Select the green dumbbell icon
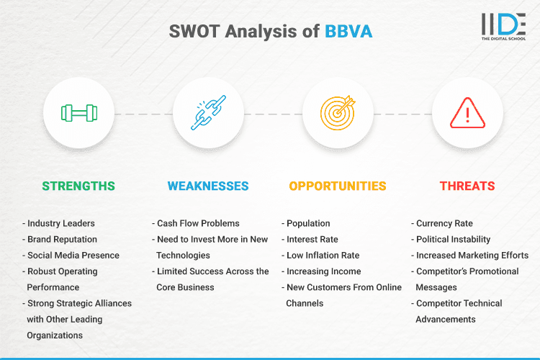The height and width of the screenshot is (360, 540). coord(78,113)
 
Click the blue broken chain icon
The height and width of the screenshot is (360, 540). coord(208,113)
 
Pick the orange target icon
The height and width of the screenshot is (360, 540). coord(338,113)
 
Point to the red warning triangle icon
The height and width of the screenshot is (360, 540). coord(467,113)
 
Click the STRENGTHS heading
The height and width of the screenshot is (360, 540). coord(78,186)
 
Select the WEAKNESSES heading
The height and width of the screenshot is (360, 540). coord(208,186)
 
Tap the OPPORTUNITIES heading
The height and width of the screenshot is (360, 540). coord(338,186)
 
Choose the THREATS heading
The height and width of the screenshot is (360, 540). coord(467,186)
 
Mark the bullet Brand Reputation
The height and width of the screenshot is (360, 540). coord(62,239)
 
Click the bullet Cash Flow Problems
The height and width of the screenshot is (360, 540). coord(197,223)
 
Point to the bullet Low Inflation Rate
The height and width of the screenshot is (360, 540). coord(323,255)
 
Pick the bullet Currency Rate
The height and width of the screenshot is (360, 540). coord(444,223)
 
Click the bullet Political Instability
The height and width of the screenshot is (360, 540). coord(453,239)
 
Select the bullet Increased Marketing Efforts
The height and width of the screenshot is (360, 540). coord(472,255)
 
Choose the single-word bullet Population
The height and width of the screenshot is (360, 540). coord(308,223)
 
